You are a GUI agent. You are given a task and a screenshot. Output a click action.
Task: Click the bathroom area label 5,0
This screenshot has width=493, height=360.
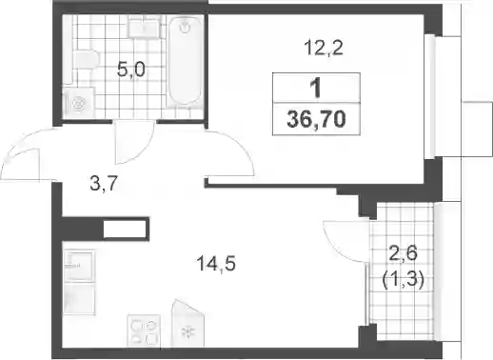coord(131,70)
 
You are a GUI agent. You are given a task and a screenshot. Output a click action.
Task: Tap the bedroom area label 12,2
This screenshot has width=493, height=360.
coord(324,48)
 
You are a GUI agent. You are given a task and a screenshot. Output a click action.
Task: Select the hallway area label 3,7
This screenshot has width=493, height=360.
coord(104,184)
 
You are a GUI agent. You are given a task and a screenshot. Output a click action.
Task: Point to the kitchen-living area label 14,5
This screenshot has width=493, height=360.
coord(216,264)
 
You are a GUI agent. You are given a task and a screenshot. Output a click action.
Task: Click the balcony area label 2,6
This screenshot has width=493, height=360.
coord(403,255)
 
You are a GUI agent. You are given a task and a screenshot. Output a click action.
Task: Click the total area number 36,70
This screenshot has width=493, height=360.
coord(316,120)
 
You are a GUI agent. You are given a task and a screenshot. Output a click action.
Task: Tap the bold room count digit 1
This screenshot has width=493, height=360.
coord(316,88)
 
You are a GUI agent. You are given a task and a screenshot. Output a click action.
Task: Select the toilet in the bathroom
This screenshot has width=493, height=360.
coord(86,59)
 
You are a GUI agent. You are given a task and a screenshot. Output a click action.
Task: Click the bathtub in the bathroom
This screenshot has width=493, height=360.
coord(185,60)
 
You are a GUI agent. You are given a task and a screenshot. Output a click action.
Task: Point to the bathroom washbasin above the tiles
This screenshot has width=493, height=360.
coord(145,27)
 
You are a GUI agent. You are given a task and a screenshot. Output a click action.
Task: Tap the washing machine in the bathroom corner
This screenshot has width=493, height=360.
coord(79,103)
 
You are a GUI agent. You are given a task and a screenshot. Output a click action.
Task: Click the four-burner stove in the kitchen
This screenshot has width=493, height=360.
coord(144,330)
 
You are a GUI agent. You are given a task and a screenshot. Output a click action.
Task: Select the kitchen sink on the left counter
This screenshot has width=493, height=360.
coord(79,266)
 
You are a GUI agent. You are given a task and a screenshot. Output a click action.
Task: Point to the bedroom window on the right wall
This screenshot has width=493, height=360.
coord(429,96)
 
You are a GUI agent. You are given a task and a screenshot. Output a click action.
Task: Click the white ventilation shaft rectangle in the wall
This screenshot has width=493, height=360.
coord(125,229)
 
